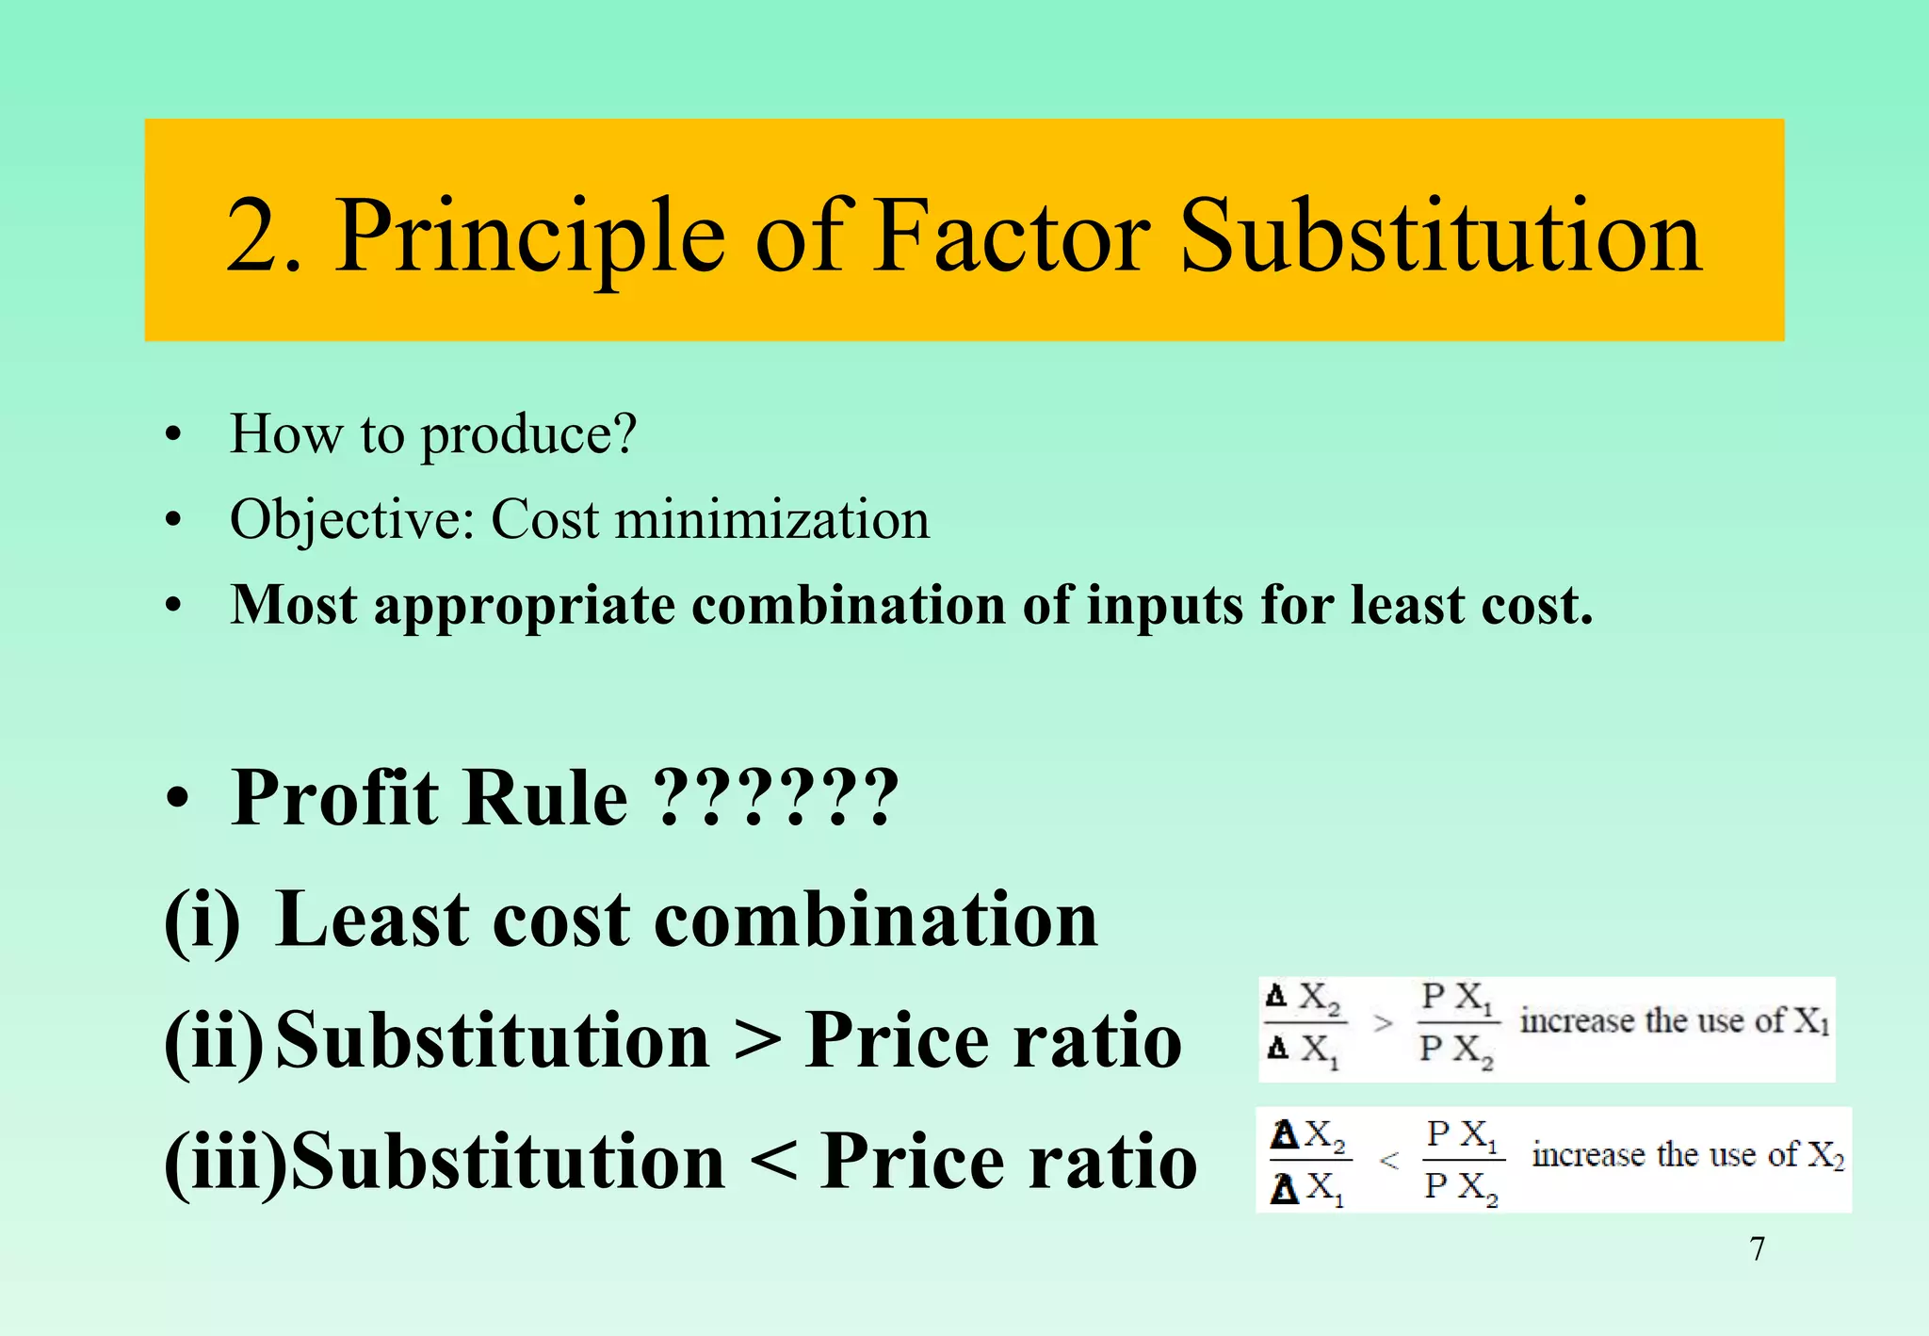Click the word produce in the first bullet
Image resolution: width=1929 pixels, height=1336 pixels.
point(528,436)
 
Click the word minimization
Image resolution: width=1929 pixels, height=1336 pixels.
point(771,520)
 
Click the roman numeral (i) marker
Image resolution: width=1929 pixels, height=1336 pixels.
point(202,921)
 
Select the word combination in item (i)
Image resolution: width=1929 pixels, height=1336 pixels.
point(876,921)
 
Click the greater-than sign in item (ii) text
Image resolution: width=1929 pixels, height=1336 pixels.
point(756,1041)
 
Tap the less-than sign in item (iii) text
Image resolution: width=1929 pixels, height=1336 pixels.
point(773,1162)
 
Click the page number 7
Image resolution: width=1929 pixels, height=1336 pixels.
point(1757,1249)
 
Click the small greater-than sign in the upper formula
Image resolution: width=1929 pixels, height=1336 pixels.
point(1382,1022)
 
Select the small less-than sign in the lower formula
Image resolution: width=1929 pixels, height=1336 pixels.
point(1388,1161)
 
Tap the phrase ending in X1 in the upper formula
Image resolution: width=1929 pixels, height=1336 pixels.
point(1674,1020)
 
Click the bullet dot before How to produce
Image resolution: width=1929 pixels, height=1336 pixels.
point(171,436)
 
